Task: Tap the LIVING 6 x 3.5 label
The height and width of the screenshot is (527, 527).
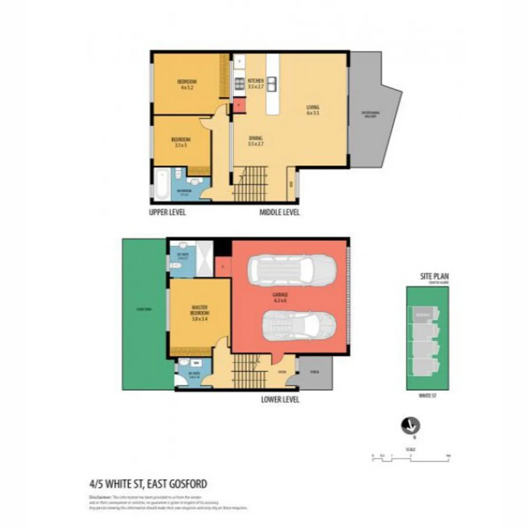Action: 312,110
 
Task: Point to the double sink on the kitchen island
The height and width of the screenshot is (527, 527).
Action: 272,84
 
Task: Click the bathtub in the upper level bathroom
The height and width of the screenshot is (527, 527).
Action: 161,185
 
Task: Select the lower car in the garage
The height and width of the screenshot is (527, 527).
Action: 299,326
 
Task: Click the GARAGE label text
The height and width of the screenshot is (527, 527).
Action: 280,298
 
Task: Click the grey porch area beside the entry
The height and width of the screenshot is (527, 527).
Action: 315,373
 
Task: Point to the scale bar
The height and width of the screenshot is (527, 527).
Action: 410,456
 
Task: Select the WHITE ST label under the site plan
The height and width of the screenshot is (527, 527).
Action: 427,396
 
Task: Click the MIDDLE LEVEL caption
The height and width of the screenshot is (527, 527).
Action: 279,212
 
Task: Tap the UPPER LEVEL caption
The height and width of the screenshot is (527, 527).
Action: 167,212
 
